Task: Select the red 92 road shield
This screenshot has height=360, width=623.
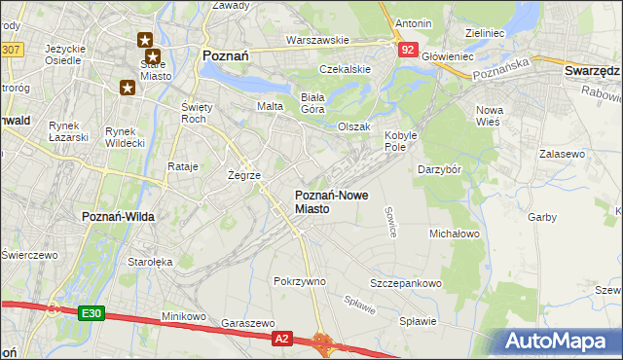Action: tap(408, 48)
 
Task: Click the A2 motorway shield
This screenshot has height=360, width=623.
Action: tap(281, 338)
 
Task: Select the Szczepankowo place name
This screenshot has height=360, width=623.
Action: tap(406, 283)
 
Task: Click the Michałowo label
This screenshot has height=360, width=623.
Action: tap(455, 234)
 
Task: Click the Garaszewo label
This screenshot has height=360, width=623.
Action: tap(244, 321)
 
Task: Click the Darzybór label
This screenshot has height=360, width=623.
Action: tap(439, 169)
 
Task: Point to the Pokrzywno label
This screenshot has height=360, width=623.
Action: tap(300, 280)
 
